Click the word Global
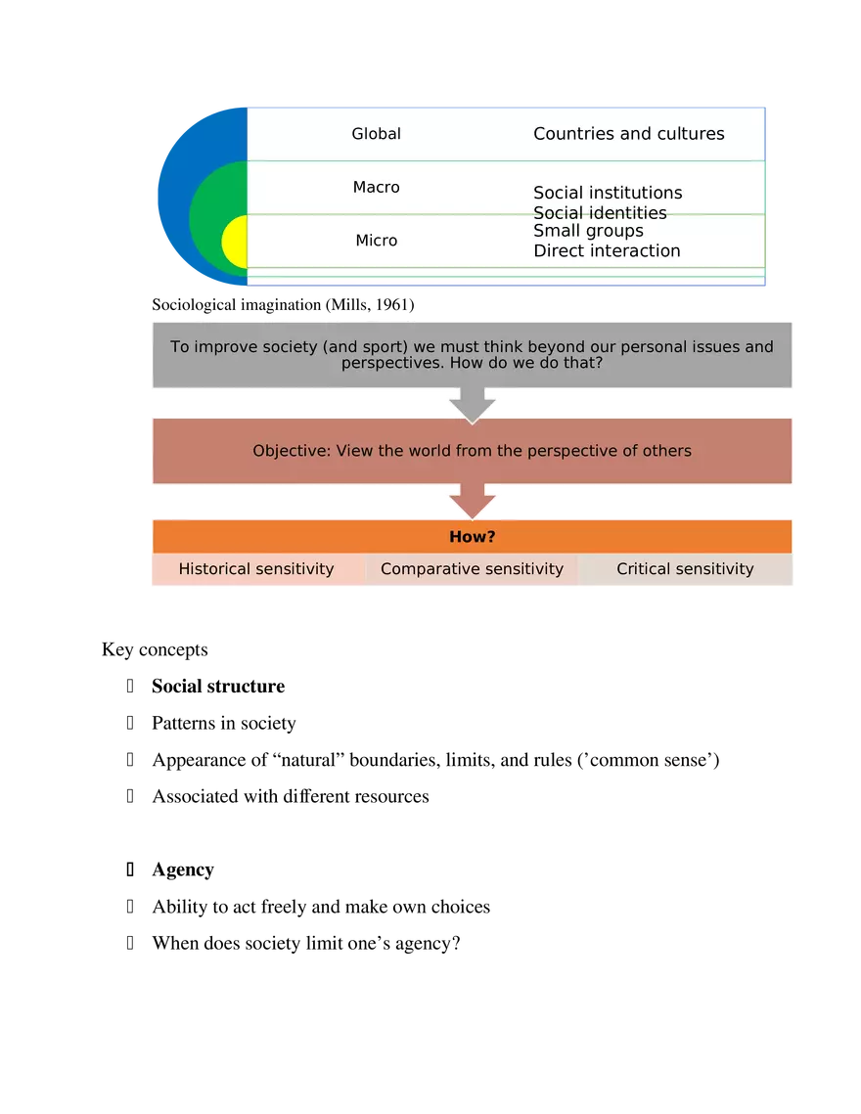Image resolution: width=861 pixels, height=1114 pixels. [376, 134]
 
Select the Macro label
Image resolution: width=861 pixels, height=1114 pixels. [376, 187]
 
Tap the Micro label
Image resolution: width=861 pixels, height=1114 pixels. [376, 241]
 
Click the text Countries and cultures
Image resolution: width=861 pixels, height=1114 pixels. [628, 134]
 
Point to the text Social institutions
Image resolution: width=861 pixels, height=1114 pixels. [608, 193]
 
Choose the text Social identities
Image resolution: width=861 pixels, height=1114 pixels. [600, 213]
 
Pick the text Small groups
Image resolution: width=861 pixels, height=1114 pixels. [588, 231]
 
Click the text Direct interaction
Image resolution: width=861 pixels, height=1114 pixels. [607, 250]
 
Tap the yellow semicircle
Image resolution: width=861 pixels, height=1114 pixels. [235, 242]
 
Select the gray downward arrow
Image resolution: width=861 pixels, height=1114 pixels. [473, 404]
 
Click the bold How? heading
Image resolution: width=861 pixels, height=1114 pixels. [472, 537]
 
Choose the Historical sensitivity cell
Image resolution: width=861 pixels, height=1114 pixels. [256, 569]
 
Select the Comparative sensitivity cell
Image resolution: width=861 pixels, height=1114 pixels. [472, 569]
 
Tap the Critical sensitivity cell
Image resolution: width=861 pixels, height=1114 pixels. [685, 569]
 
